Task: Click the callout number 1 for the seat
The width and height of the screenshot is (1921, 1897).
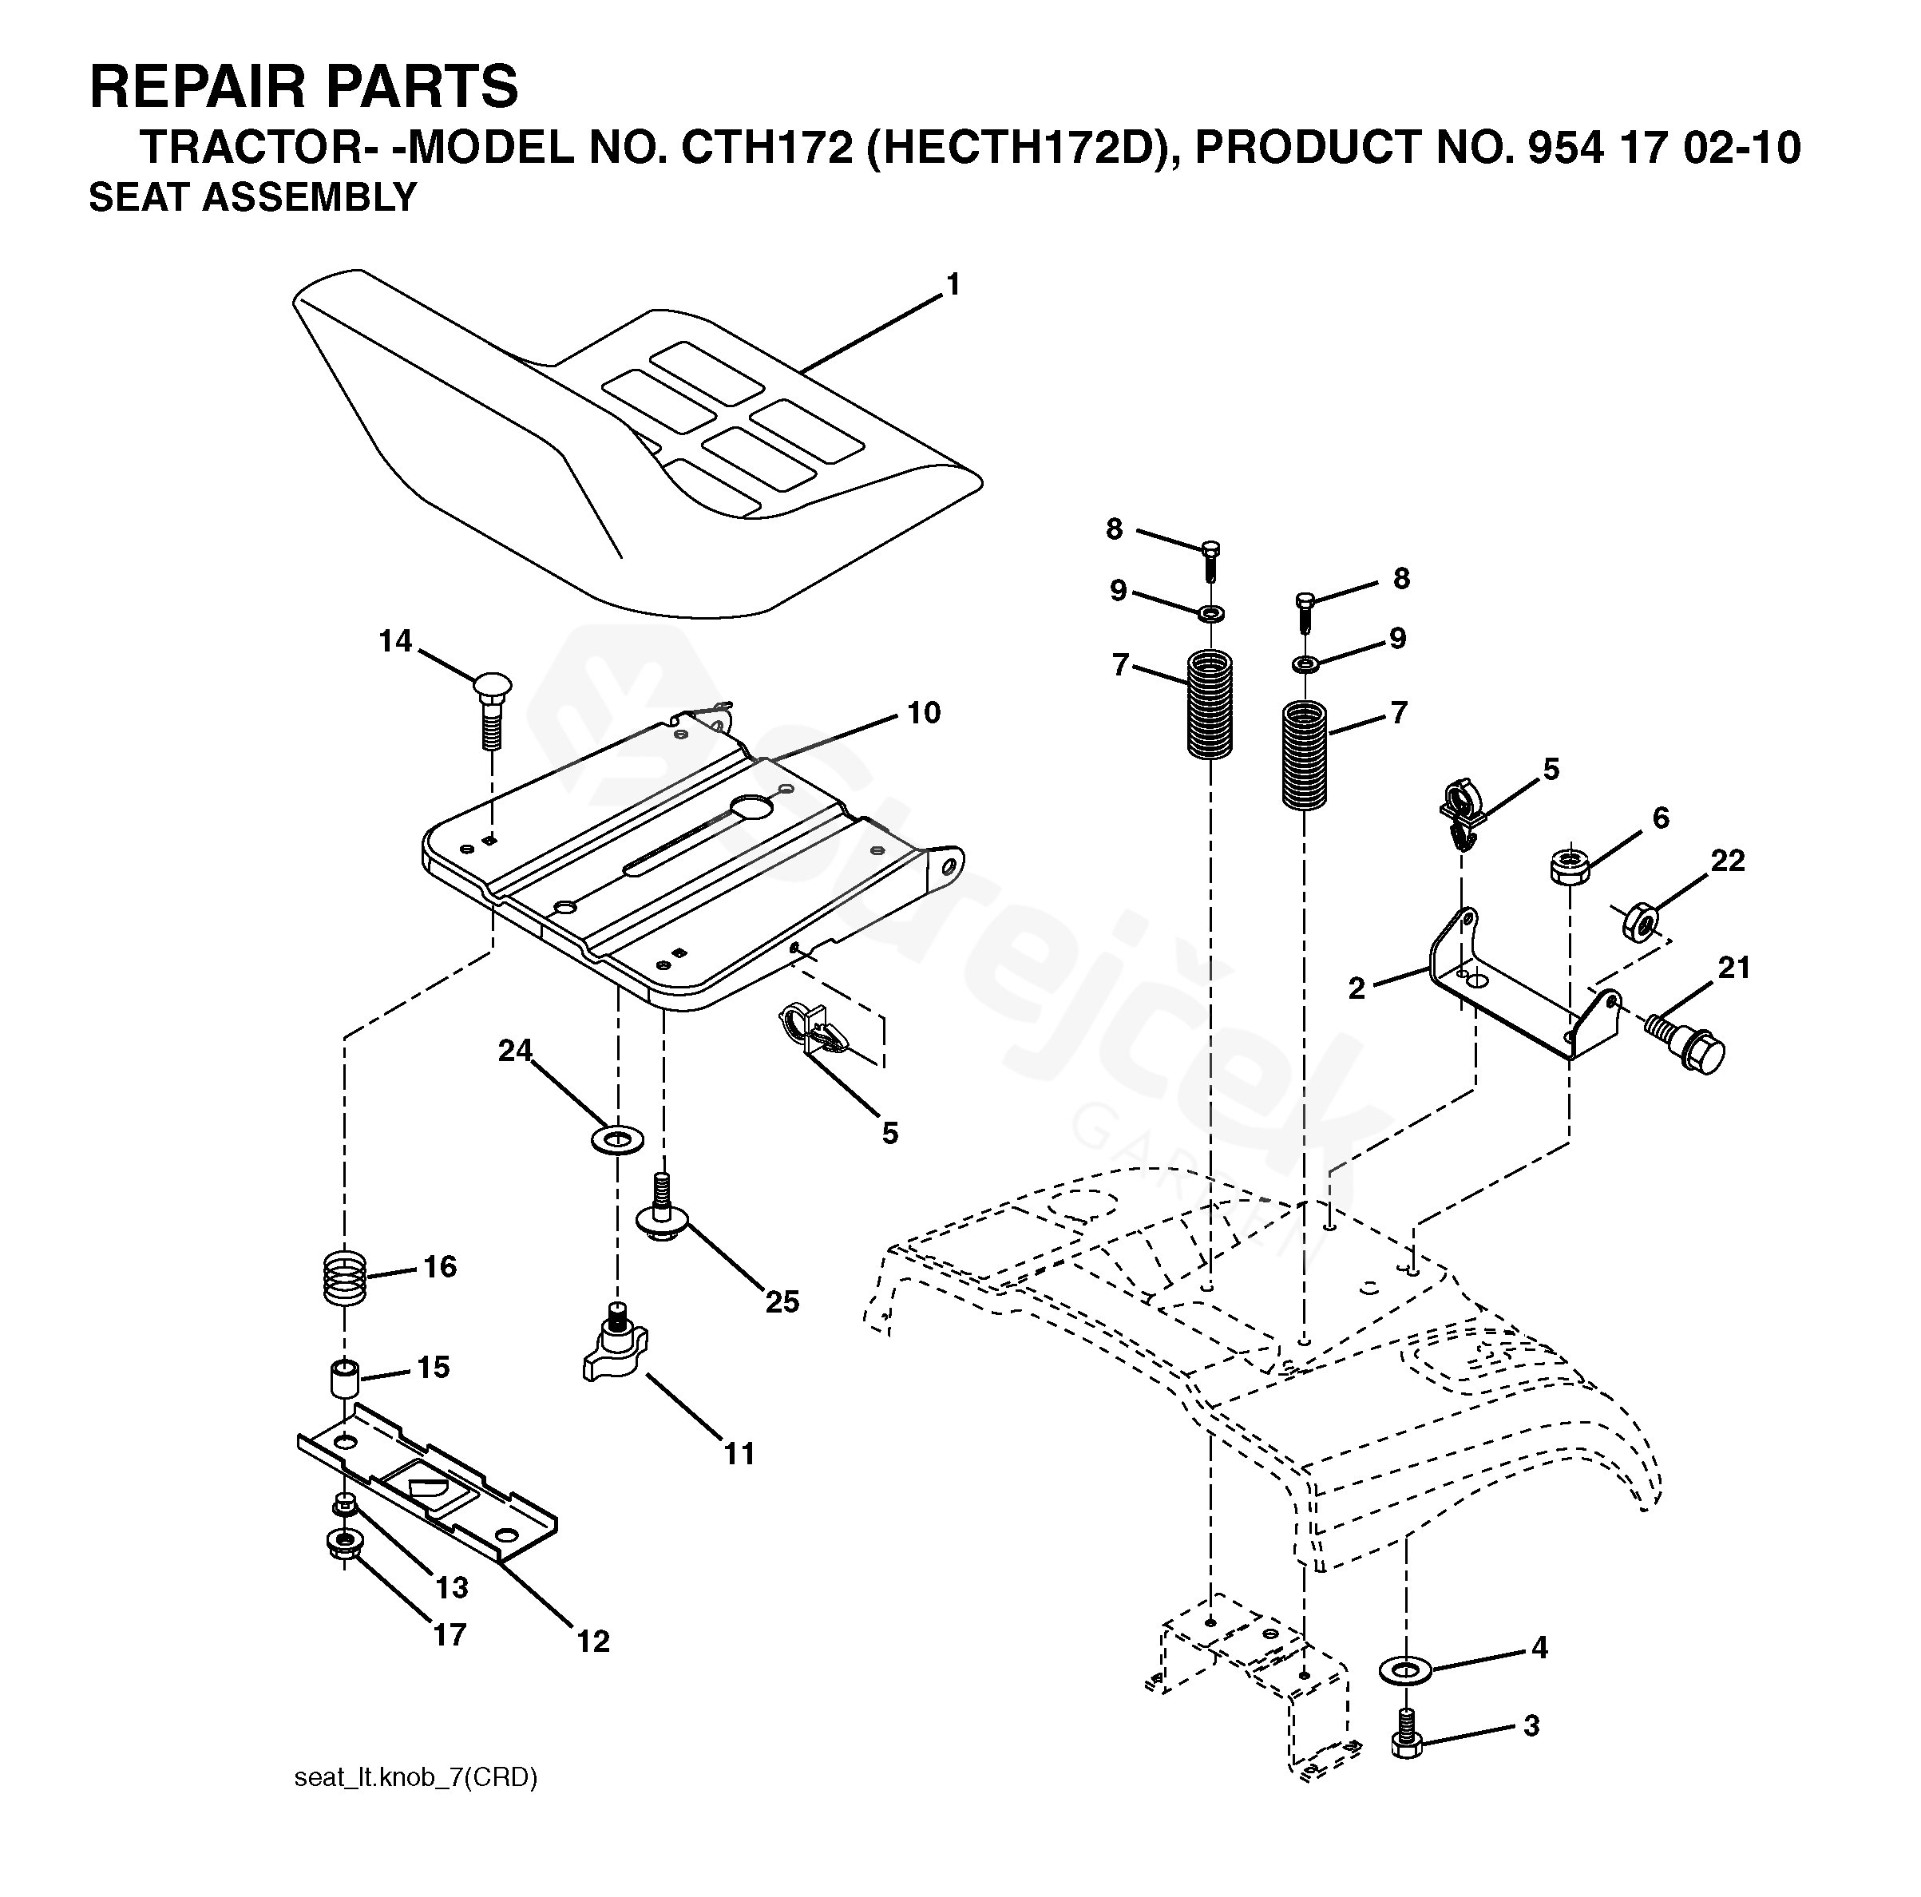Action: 953,285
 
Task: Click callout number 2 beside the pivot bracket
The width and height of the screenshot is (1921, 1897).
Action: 1357,988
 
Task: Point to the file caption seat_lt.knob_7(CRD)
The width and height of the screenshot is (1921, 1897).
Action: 416,1778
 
